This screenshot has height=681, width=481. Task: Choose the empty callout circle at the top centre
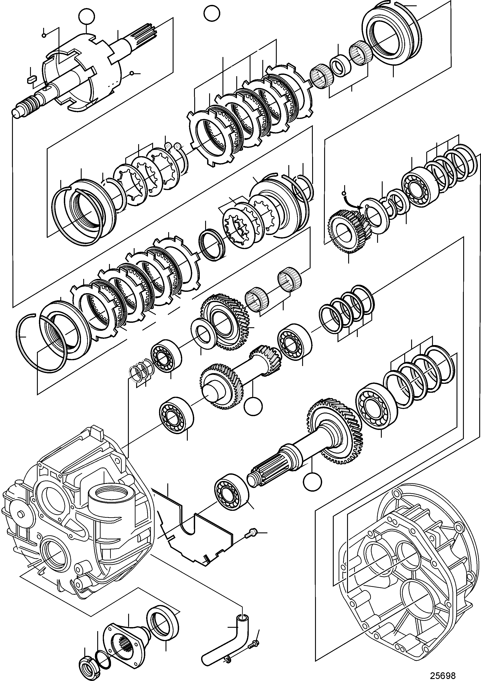pos(212,13)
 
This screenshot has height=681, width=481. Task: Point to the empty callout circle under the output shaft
pos(313,482)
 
